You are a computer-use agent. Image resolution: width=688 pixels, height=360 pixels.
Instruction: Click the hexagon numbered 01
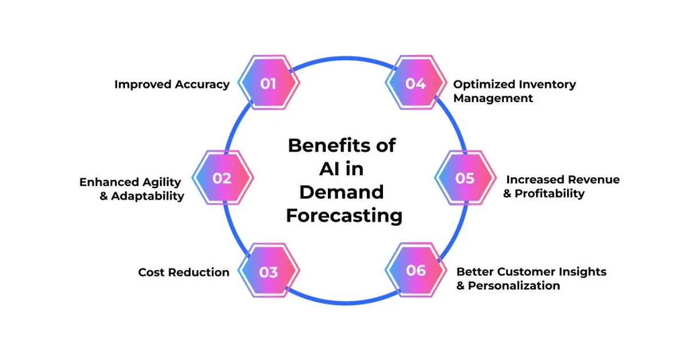[x=268, y=84]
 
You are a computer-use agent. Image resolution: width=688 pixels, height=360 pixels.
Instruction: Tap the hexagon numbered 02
[x=222, y=178]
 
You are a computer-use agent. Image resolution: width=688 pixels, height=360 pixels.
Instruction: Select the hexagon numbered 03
[x=268, y=272]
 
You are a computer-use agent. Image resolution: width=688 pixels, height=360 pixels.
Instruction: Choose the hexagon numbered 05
[x=465, y=178]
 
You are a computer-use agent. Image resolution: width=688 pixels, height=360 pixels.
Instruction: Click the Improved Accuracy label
[x=172, y=84]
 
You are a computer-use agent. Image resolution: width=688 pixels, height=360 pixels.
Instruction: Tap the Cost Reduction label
[x=183, y=272]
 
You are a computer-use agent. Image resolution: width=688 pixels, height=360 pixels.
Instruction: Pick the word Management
[x=492, y=98]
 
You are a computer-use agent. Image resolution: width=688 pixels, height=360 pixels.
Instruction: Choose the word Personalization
[x=514, y=285]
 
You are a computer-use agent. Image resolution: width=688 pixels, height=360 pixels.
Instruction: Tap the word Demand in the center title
[x=341, y=192]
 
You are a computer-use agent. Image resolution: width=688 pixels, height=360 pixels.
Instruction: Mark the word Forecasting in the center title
[x=344, y=216]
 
